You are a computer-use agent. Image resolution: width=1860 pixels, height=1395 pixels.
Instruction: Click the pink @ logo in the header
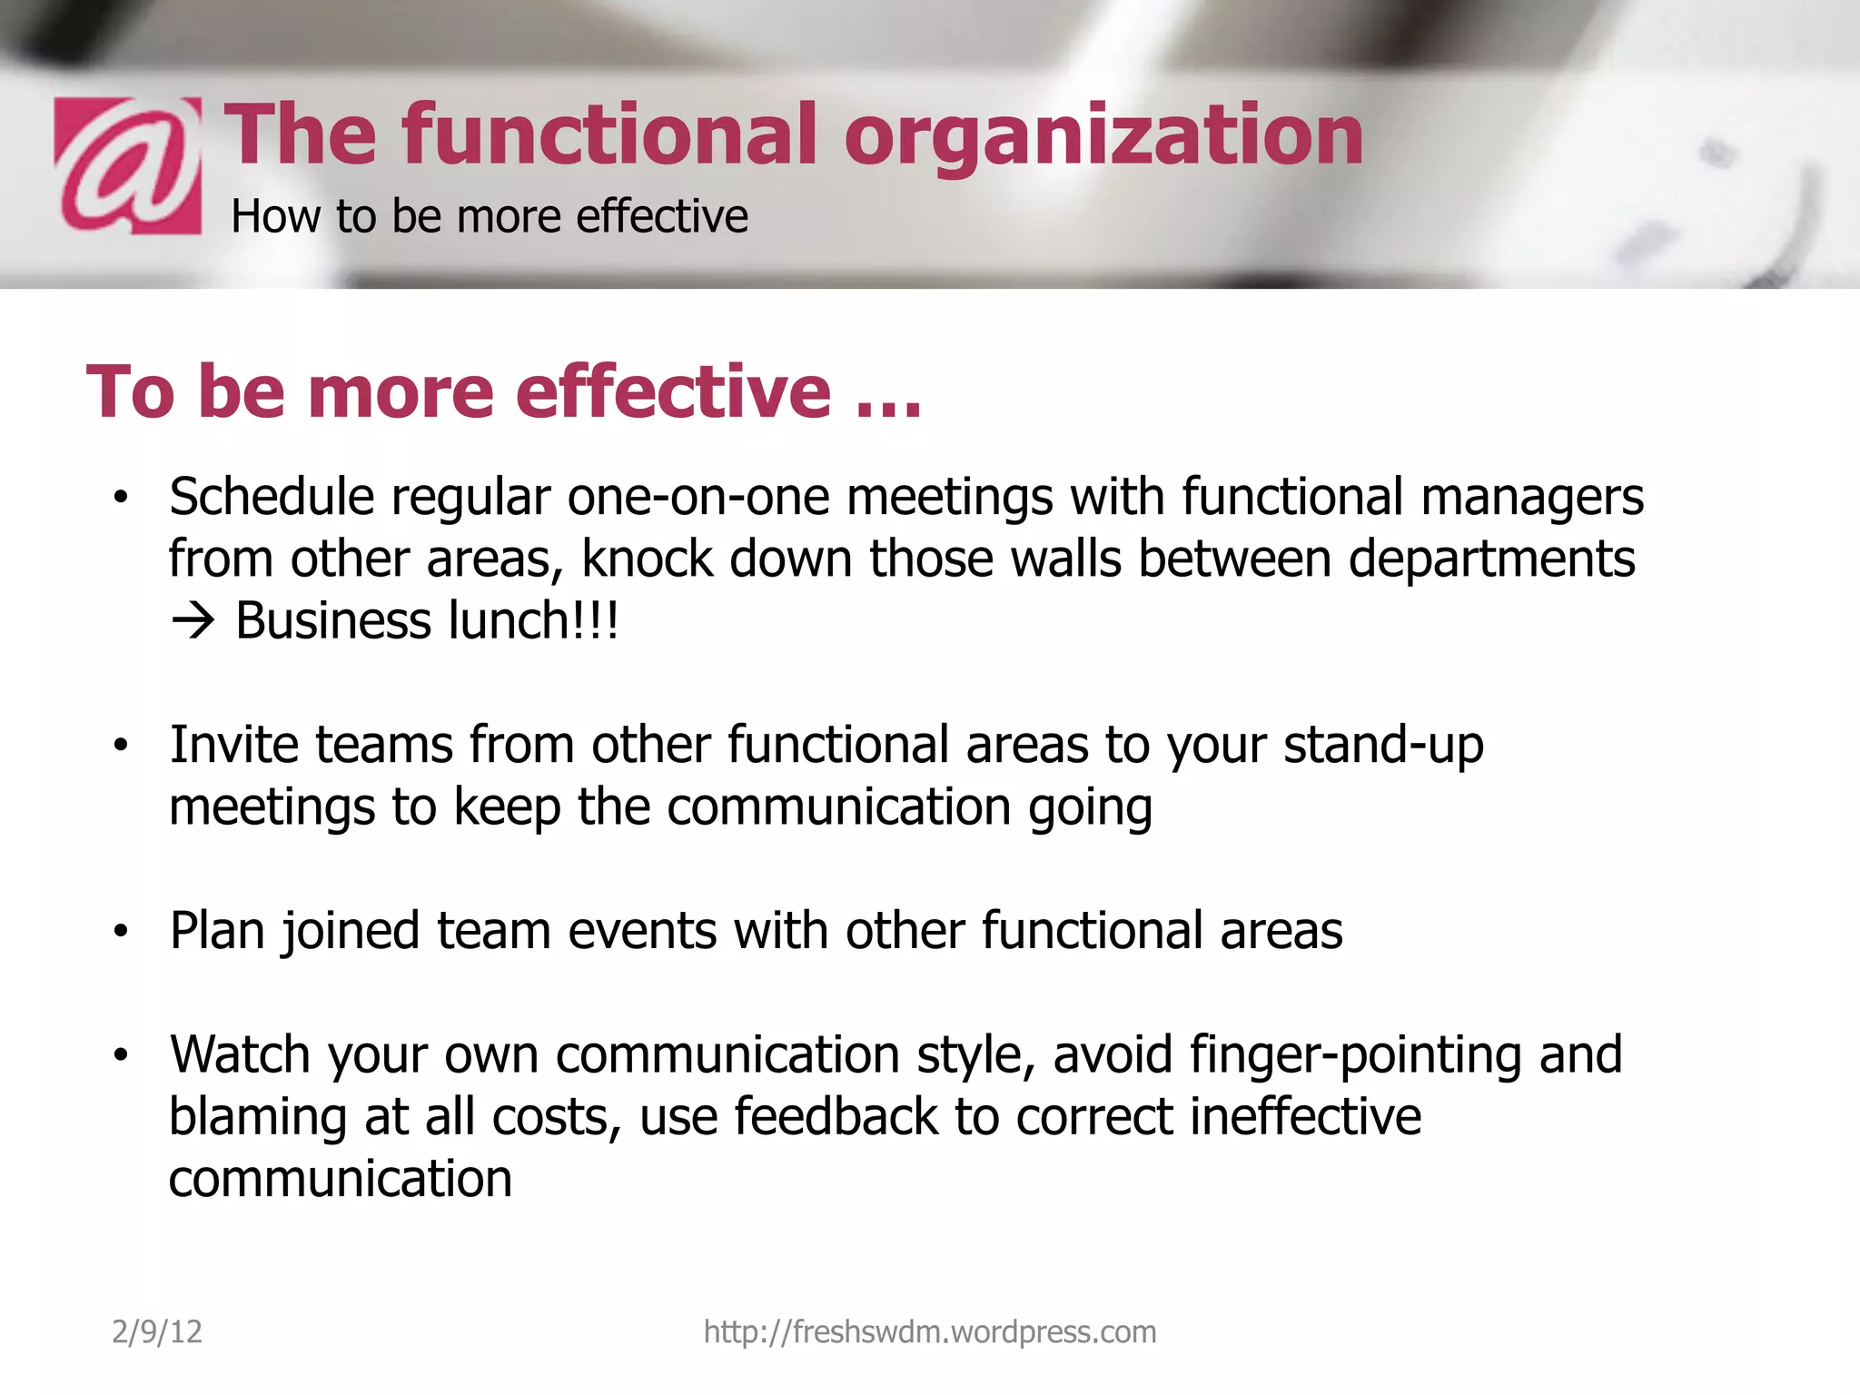[x=128, y=165]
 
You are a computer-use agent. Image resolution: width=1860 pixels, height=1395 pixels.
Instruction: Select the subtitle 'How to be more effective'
[x=490, y=217]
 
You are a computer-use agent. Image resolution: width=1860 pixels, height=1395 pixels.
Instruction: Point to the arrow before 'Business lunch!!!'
[x=193, y=622]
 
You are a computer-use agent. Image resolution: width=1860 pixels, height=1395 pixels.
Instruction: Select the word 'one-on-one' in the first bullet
[x=698, y=498]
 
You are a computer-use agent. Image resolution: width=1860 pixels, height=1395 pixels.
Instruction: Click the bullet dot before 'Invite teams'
[x=121, y=746]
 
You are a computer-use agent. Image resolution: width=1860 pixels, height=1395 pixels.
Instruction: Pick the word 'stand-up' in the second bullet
[x=1383, y=746]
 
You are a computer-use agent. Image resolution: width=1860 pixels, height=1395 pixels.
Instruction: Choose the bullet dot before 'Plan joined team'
[x=121, y=932]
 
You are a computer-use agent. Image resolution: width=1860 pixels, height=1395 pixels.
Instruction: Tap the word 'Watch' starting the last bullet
[x=241, y=1055]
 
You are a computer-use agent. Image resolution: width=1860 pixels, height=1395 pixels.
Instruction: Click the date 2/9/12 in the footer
[x=157, y=1332]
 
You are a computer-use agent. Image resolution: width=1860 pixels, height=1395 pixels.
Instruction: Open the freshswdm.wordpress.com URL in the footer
[x=930, y=1332]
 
